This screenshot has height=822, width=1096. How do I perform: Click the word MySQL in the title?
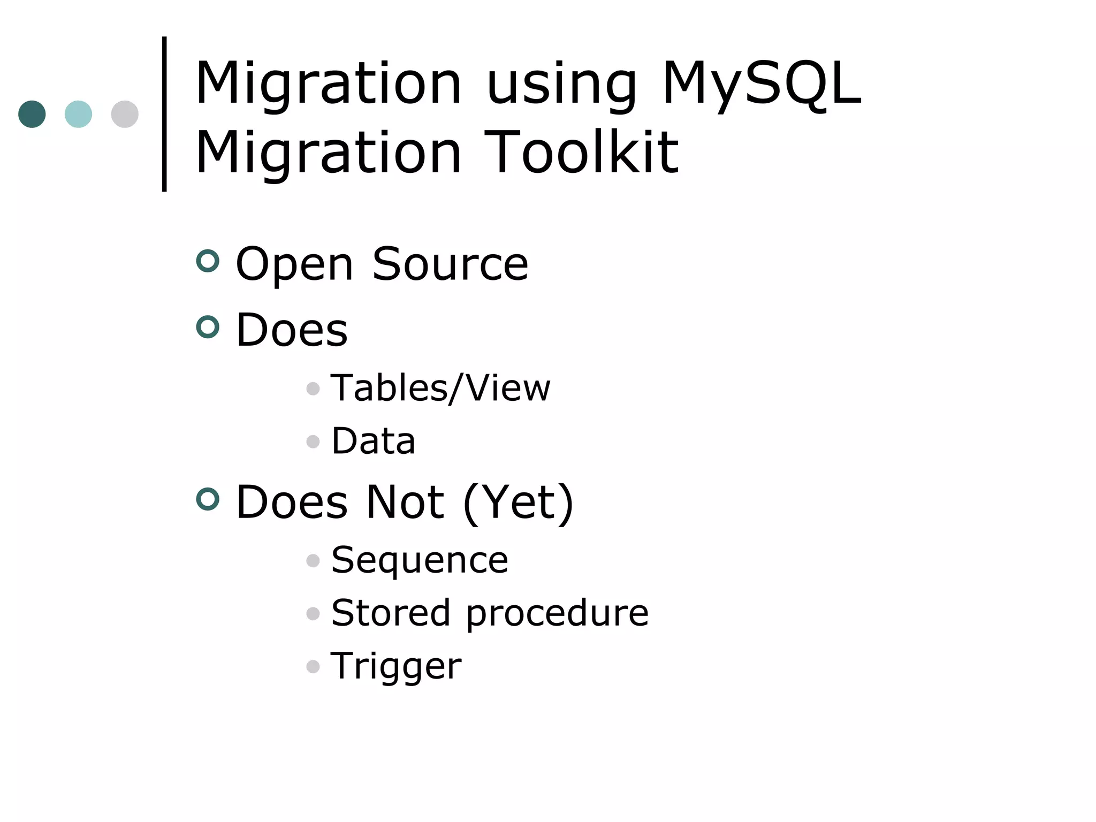[x=761, y=85]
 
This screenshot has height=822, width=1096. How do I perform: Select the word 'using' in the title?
[x=561, y=86]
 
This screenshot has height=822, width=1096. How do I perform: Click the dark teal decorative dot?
[x=32, y=114]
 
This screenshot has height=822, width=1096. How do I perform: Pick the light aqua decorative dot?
[x=78, y=114]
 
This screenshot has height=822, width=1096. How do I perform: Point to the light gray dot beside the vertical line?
[x=125, y=114]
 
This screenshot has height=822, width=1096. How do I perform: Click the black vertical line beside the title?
[x=164, y=113]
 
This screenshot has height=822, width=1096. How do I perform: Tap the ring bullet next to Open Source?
[x=208, y=261]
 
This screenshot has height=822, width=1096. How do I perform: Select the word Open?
[x=294, y=264]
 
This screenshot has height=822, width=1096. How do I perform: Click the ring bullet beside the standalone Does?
[x=208, y=327]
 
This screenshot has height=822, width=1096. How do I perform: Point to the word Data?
[x=373, y=441]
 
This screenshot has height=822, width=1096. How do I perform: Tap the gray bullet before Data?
[x=313, y=442]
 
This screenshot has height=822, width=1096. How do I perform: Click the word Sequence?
[x=420, y=560]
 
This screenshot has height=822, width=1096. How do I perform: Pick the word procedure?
[x=557, y=613]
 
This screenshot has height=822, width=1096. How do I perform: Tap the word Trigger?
[x=396, y=666]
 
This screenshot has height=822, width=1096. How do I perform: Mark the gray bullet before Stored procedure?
[x=313, y=613]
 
